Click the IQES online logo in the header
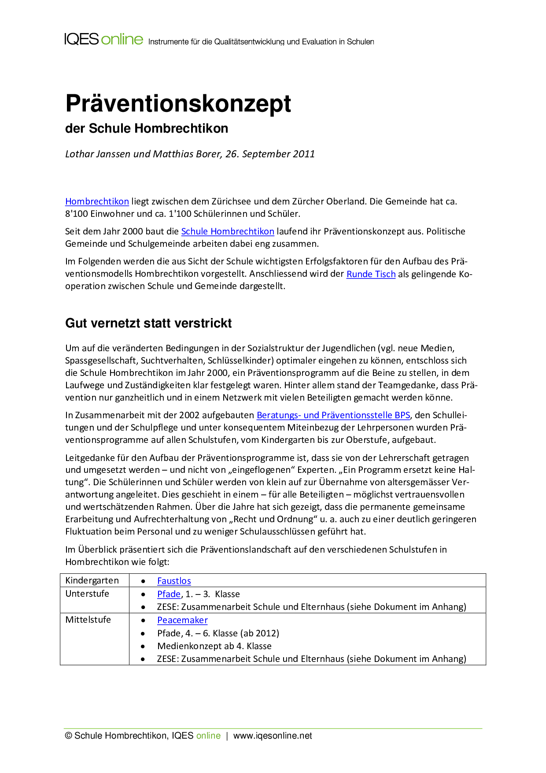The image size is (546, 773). pos(104,39)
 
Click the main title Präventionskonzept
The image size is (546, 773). pos(178,104)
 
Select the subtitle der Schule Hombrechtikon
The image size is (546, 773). pos(147,128)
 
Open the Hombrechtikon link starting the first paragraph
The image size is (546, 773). pos(97,201)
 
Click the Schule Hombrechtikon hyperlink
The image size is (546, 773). pos(228,231)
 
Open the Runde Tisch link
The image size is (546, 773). pos(371,274)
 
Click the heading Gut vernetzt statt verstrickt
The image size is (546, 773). pos(148,323)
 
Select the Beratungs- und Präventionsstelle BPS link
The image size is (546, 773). pos(333,415)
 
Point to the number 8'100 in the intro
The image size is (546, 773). pos(77,214)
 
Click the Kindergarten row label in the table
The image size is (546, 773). pos(92,580)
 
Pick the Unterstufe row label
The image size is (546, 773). pos(87,594)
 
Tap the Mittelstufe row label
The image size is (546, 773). pos(88,620)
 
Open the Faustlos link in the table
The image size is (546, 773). pos(174,581)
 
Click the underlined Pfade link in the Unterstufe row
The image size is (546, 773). pos(169,594)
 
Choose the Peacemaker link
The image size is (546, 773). pos(182,620)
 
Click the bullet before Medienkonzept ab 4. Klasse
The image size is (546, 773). pos(143,647)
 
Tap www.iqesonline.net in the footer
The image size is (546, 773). pos(273,736)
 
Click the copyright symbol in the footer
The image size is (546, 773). pos(69,736)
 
